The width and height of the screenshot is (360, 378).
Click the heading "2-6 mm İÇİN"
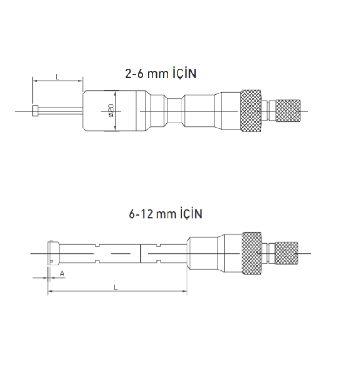tap(161, 74)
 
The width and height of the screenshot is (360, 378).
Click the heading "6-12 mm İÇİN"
tap(165, 214)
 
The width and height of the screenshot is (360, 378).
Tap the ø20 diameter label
tap(111, 111)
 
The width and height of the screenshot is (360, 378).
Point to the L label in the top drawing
tap(57, 77)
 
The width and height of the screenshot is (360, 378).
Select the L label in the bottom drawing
tap(116, 287)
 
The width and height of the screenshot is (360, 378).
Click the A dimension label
tap(62, 274)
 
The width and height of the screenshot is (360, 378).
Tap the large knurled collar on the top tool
tap(251, 111)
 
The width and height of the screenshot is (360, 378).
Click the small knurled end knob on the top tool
tap(288, 111)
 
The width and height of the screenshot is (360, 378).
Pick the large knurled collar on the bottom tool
tap(252, 253)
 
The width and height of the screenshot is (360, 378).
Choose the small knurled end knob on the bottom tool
tap(286, 253)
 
